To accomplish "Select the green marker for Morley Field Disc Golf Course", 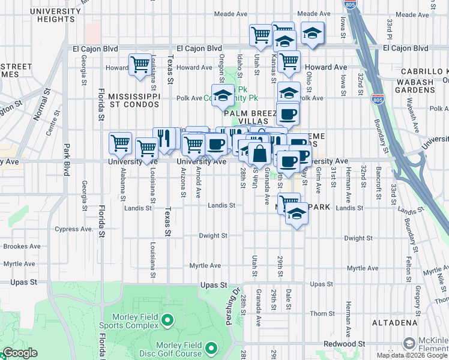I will pos(211,348).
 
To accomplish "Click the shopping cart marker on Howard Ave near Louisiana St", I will pos(140,64).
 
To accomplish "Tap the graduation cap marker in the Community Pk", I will pos(223,94).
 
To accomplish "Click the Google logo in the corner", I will pos(19,353).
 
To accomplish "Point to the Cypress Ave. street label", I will pos(74,229).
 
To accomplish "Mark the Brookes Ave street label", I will pos(22,247).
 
